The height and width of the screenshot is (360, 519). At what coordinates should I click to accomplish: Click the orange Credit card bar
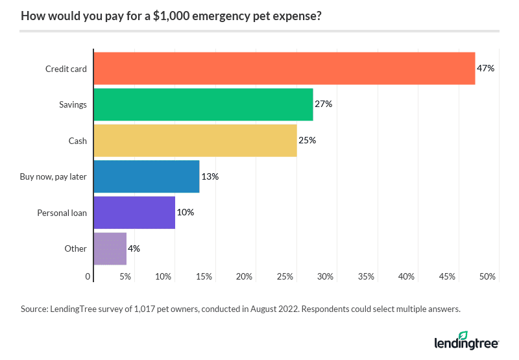tap(284, 68)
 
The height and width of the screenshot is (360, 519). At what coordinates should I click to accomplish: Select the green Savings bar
tap(203, 104)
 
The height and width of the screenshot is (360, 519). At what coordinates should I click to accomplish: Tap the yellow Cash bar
tap(195, 140)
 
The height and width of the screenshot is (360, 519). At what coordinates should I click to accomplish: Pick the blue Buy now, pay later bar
tap(147, 176)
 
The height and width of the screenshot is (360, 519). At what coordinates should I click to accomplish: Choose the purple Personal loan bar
tap(134, 212)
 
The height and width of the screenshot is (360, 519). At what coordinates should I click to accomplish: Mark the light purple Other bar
tap(110, 248)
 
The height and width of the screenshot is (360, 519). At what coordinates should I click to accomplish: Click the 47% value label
tap(486, 68)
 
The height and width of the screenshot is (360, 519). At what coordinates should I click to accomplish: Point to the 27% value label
tap(324, 104)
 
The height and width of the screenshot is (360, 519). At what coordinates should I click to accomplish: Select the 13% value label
tap(210, 176)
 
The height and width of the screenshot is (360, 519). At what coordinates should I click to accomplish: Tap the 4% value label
tap(134, 248)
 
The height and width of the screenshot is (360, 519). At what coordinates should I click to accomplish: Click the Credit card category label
tap(66, 69)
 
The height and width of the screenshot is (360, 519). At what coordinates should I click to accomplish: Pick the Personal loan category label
tap(62, 213)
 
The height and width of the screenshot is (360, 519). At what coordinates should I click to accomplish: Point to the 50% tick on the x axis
tap(488, 277)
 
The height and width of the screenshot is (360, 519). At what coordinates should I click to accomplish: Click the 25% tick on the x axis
tap(285, 277)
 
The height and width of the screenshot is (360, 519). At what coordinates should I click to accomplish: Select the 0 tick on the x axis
tap(88, 277)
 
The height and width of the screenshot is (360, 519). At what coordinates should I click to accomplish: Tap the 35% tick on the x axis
tap(366, 277)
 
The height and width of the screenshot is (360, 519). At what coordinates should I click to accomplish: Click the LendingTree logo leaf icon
tap(463, 335)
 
